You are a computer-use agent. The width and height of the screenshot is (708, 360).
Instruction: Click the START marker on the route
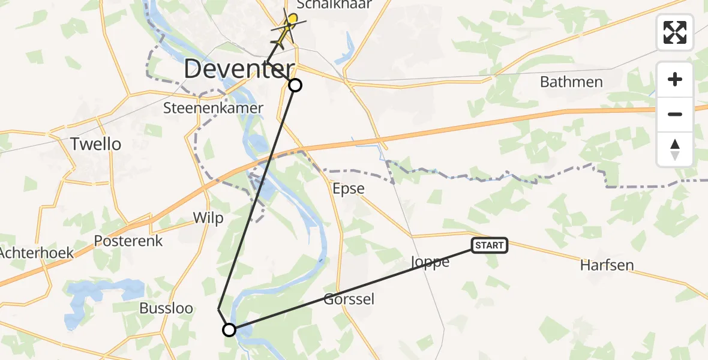click(490, 245)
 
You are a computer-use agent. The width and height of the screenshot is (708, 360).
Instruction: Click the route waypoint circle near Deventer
click(295, 85)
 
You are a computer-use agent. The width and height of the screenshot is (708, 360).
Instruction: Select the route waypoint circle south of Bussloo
click(229, 329)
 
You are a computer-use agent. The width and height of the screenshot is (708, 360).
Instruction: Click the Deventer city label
click(239, 69)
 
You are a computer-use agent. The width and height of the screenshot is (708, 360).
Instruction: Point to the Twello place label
click(95, 144)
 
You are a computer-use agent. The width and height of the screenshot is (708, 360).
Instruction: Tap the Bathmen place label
click(571, 82)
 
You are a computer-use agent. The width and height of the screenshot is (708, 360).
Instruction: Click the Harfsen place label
click(607, 265)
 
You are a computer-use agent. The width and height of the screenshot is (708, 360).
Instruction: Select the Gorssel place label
click(349, 299)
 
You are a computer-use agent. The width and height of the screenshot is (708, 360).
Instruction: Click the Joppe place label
click(430, 262)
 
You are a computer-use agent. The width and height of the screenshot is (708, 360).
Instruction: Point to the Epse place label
click(349, 188)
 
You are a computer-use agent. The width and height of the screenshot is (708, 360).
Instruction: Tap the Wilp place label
click(208, 218)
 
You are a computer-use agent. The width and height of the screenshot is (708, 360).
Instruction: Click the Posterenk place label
click(124, 241)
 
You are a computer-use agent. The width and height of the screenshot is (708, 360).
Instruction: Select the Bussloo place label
click(166, 308)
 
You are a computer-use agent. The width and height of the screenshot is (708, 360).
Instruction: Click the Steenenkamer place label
click(214, 108)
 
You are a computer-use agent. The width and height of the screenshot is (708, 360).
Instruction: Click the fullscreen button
click(675, 32)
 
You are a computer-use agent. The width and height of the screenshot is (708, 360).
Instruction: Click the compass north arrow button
click(675, 149)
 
